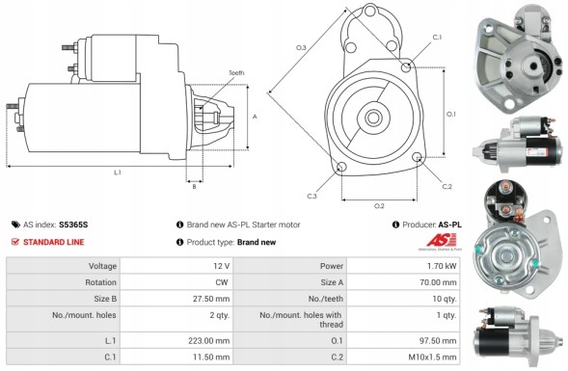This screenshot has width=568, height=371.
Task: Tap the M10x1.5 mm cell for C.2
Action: pos(435,358)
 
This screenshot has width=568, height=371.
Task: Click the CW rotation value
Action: pos(222,283)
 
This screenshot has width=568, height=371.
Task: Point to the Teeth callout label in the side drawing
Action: pos(236,74)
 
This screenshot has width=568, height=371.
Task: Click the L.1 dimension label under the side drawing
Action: pos(117,172)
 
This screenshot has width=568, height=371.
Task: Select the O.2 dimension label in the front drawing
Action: pos(379,204)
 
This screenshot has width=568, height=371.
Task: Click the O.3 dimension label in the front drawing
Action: pos(301,47)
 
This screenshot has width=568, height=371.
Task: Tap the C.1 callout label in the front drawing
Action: pos(437,37)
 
